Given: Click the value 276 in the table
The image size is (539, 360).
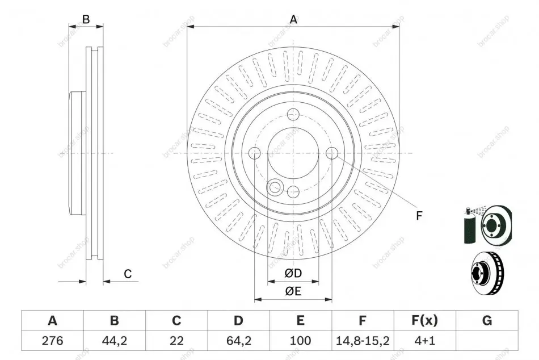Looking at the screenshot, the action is point(52,341).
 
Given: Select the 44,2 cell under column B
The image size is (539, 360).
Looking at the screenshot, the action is point(115,341).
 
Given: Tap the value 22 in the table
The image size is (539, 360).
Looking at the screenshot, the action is point(176,341).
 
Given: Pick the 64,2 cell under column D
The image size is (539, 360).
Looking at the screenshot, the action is point(238,341).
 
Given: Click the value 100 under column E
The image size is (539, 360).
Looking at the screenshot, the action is point(301,341).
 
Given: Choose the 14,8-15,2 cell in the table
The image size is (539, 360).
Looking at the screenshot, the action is point(363,341).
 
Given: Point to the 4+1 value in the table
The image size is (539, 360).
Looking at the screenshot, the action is point(424,341).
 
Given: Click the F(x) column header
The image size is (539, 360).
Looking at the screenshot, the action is point(424,320).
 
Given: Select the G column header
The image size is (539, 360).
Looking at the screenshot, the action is point(487,320).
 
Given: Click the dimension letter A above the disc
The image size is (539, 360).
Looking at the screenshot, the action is point(293,19).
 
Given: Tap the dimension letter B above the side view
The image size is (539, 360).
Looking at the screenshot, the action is point(86,19).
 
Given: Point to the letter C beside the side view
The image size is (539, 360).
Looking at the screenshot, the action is point(128,274).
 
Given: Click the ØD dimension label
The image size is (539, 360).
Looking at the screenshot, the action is point(293,273).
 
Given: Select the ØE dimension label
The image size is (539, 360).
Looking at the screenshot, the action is point(293,291).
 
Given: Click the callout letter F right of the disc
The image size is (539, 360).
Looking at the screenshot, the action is point(419,216).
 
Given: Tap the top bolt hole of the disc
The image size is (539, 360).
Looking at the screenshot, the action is point(293,114).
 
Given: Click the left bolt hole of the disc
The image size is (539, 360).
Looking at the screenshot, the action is point(254,153).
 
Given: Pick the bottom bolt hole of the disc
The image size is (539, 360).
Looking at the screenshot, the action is point(293,192).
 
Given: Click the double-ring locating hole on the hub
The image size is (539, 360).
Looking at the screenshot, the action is point(274,187).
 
